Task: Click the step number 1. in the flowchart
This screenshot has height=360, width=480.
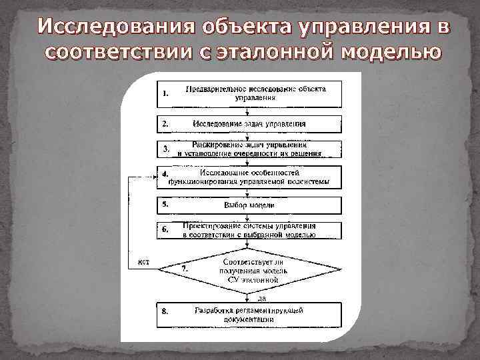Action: tap(166, 94)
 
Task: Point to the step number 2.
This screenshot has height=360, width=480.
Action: tap(165, 124)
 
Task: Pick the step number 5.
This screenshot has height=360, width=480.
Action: tap(165, 205)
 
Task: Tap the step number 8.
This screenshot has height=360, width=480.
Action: tap(165, 311)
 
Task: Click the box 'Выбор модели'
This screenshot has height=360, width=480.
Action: tap(249, 205)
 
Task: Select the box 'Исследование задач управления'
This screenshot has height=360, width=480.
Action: tap(249, 124)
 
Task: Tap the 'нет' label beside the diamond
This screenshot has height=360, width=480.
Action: tap(143, 261)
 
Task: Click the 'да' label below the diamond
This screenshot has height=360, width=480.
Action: tap(243, 298)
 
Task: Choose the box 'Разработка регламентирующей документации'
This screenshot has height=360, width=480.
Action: tap(249, 315)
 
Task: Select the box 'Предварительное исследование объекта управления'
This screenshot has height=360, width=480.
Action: tap(249, 94)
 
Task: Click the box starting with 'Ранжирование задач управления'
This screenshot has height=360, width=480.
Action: tap(249, 148)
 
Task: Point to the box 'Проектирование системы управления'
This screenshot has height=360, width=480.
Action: tap(249, 230)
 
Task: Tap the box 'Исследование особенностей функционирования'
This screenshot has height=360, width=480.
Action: tap(249, 177)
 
